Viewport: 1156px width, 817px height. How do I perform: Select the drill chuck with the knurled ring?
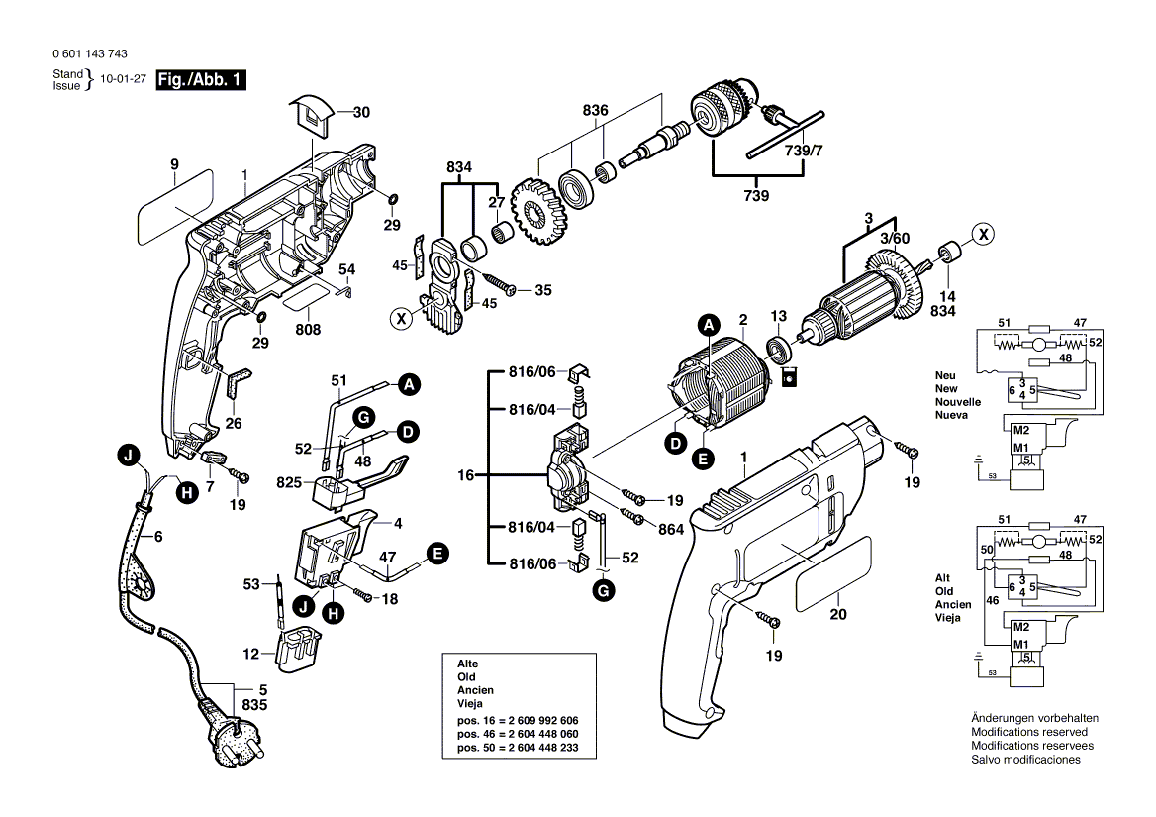(x=719, y=118)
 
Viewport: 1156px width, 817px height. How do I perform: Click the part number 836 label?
(x=595, y=111)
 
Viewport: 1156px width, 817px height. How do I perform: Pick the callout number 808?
(x=308, y=330)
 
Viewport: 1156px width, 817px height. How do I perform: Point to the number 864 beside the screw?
(x=671, y=530)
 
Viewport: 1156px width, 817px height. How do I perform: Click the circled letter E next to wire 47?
(x=434, y=554)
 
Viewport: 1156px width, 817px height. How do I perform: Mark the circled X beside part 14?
(x=982, y=235)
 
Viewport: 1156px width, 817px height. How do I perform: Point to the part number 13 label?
(x=778, y=316)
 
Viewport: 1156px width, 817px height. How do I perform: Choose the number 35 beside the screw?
(x=543, y=290)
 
